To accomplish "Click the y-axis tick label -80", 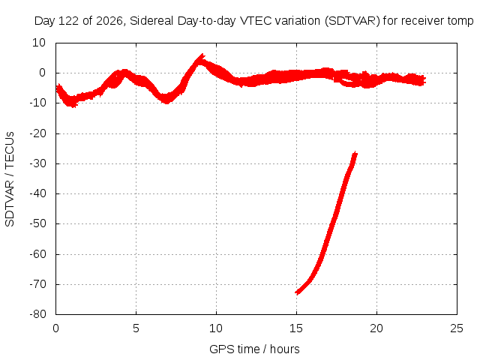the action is (x=37, y=314).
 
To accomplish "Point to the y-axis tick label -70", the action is (x=37, y=284).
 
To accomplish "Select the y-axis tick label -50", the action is (x=37, y=223).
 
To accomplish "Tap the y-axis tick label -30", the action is (x=37, y=163).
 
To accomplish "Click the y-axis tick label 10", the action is (x=39, y=43).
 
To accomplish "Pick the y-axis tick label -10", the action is (x=37, y=103).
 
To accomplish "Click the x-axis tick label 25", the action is (x=457, y=328).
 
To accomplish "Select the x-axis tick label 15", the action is (x=296, y=328).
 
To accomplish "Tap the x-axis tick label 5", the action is (x=136, y=328).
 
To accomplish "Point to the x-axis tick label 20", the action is (x=376, y=328).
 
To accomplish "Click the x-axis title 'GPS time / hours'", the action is (x=254, y=349).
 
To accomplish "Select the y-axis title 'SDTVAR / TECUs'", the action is (x=10, y=179).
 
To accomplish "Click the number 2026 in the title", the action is (x=109, y=21).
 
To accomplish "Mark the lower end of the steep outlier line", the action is (x=297, y=292).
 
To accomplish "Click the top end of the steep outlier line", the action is (x=355, y=154).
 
